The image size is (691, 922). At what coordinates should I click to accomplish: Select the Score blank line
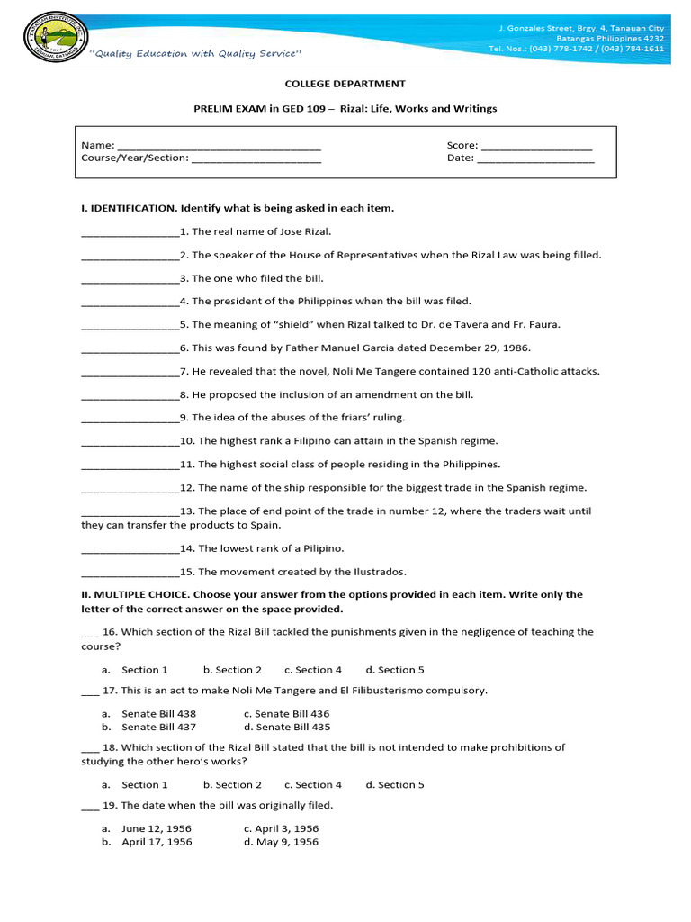click(536, 146)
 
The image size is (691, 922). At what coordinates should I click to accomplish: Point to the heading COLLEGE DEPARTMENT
click(345, 84)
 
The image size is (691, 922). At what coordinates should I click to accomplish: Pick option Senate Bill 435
click(287, 727)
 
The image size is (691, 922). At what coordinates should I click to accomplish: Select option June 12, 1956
click(157, 828)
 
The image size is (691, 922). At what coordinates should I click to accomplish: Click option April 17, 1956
click(157, 842)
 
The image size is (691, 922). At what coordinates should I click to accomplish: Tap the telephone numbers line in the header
click(577, 49)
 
